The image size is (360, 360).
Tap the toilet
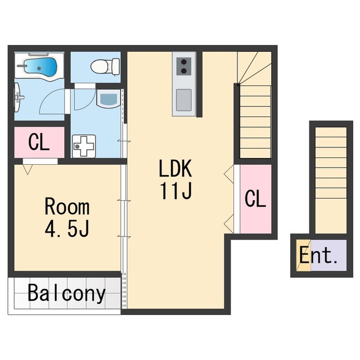click(105, 66)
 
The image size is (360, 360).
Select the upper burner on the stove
click(184, 62)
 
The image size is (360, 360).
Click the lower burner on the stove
click(184, 71)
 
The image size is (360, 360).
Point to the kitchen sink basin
click(184, 100)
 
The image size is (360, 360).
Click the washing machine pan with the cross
click(84, 146)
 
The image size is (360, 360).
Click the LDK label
click(175, 168)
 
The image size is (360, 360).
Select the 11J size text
click(176, 191)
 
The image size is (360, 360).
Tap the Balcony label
click(66, 294)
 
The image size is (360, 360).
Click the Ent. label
click(318, 255)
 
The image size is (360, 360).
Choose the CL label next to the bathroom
click(39, 142)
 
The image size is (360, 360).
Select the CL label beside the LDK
click(255, 199)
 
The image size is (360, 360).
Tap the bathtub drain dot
click(39, 68)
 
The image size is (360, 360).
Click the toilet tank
click(116, 66)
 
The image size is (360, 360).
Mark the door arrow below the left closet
click(28, 169)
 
